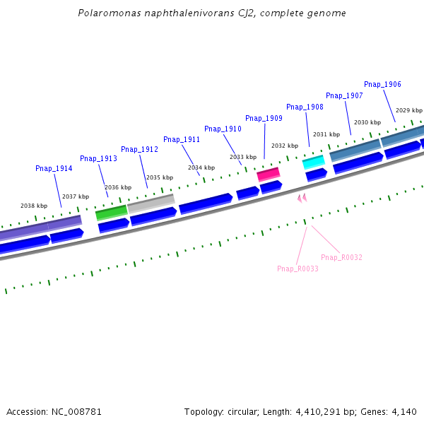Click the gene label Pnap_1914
point(54,168)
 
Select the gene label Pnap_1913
point(98,158)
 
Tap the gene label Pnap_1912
point(139,149)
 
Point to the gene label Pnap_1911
point(182,139)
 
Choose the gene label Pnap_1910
point(223,129)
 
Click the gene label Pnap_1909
point(264,118)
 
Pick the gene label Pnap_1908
point(305,107)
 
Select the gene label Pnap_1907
point(344,95)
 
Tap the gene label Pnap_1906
point(382,84)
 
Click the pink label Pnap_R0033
point(298,269)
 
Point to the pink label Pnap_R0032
point(341,257)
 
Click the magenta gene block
point(268,174)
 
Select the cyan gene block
point(313,163)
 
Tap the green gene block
point(111,211)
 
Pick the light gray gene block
point(151,202)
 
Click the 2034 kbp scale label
point(201,167)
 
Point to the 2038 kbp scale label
point(33,206)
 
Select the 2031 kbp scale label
point(326,134)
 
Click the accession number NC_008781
point(73,411)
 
